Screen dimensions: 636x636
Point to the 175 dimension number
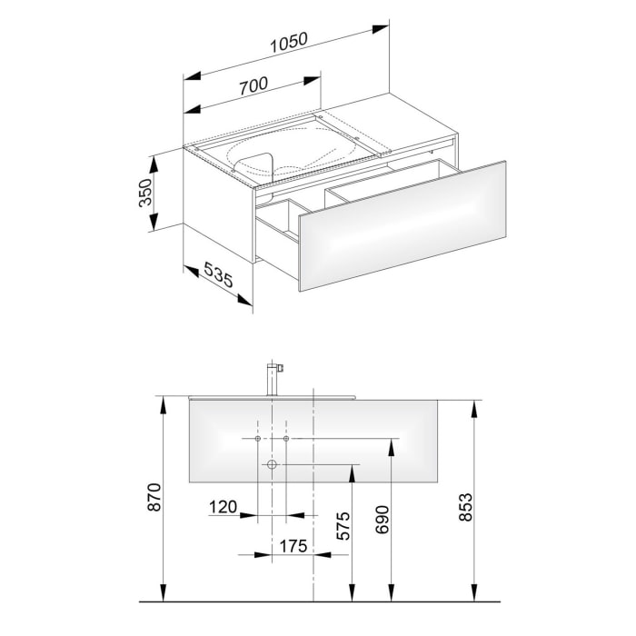pyautogui.click(x=293, y=547)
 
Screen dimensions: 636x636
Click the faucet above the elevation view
pyautogui.click(x=272, y=377)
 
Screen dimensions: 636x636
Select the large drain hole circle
pyautogui.click(x=271, y=465)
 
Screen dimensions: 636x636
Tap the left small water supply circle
pyautogui.click(x=258, y=439)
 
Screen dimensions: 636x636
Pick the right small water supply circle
pyautogui.click(x=286, y=439)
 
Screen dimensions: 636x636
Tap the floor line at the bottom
pyautogui.click(x=318, y=601)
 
